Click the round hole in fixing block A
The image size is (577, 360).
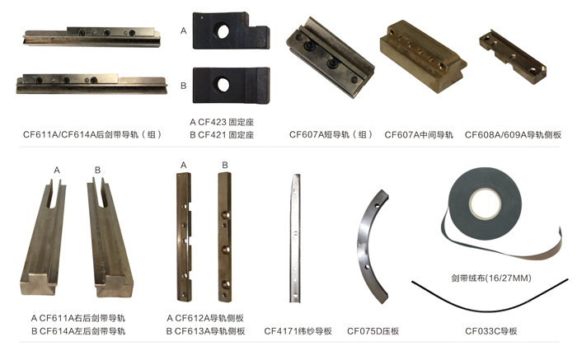click(x=223, y=31)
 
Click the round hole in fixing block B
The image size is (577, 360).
click(x=223, y=85)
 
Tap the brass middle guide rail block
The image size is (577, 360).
click(x=423, y=56)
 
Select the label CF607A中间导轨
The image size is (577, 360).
click(x=419, y=135)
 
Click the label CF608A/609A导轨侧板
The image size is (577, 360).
click(x=513, y=135)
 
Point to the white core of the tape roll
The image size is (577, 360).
click(x=485, y=203)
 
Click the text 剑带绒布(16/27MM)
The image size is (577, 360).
click(x=491, y=278)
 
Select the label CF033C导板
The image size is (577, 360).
click(x=491, y=331)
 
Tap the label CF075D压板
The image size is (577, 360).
click(x=373, y=331)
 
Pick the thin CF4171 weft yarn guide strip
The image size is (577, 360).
click(x=295, y=238)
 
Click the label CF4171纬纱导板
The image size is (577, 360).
click(x=298, y=331)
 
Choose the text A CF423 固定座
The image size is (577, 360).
click(x=222, y=122)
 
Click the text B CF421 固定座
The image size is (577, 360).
click(x=222, y=135)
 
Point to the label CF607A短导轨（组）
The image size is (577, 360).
click(x=331, y=134)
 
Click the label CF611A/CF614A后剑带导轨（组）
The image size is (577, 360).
click(x=92, y=134)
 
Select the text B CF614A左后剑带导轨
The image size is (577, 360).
click(x=78, y=331)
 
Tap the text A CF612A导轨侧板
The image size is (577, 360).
click(x=205, y=318)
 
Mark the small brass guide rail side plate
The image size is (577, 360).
click(x=513, y=56)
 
